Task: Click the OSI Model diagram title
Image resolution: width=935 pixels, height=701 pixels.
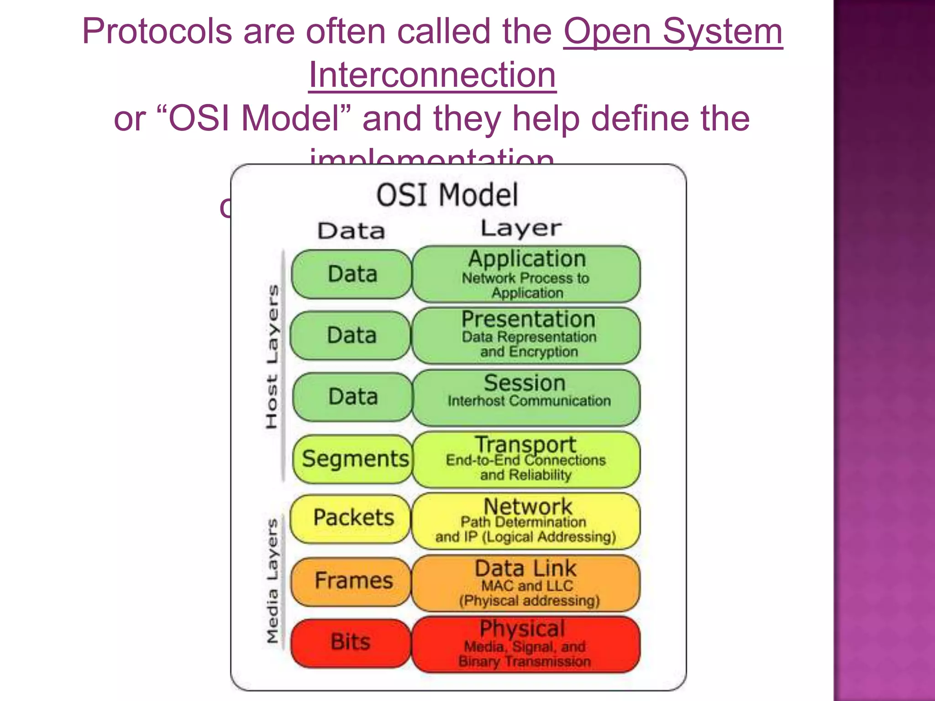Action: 447,195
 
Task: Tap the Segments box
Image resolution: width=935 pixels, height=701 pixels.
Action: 354,459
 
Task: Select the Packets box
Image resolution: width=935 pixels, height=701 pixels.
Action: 353,518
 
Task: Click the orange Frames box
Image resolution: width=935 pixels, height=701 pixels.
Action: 353,581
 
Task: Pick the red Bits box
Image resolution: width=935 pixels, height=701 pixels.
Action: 351,642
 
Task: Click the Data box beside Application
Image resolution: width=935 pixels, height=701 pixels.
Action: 352,274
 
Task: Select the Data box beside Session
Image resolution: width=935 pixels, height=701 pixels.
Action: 353,396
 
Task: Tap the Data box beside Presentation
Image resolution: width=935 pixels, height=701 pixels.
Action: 352,335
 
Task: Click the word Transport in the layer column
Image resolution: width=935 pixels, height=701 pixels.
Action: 525,444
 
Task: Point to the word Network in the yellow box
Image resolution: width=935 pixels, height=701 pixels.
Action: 527,506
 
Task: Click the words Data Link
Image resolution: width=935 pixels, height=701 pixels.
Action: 525,569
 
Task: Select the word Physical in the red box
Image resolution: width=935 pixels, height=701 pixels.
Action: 523,629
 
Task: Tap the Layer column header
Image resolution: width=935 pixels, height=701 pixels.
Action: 521,228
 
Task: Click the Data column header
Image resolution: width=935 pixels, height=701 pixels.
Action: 351,231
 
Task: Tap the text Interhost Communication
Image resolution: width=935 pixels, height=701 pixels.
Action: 529,401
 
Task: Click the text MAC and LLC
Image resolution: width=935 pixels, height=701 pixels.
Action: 527,586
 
